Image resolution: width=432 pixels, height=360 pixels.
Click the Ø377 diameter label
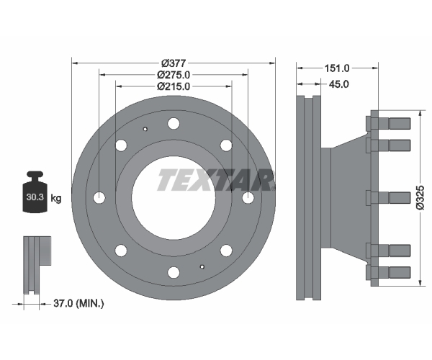click(x=174, y=63)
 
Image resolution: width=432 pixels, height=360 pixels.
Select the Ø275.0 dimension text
click(x=174, y=75)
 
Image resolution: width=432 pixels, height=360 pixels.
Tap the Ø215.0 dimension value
click(x=174, y=86)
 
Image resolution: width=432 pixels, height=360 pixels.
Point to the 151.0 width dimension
click(x=337, y=68)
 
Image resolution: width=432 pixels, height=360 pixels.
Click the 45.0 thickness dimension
click(x=339, y=84)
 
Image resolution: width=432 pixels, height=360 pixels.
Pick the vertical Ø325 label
click(x=420, y=197)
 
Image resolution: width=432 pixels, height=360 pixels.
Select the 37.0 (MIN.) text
click(x=78, y=304)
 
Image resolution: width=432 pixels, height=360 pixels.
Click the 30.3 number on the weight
click(x=35, y=197)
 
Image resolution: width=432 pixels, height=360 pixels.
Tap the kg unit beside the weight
click(x=56, y=198)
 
